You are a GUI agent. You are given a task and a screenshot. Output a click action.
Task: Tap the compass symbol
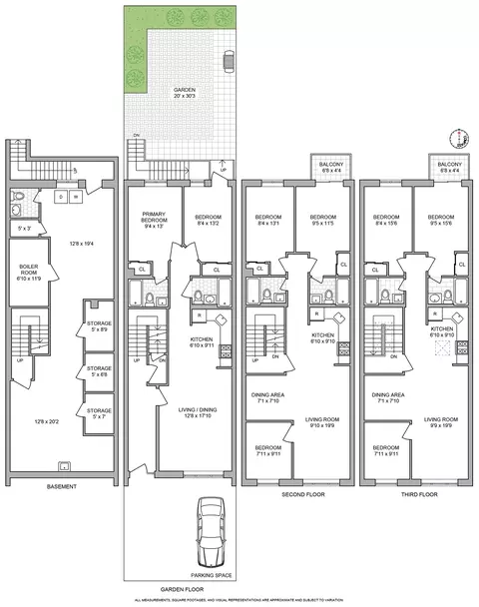click(460, 139)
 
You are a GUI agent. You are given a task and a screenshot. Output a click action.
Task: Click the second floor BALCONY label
click(331, 169)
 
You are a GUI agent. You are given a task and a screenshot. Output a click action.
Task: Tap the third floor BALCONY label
click(450, 169)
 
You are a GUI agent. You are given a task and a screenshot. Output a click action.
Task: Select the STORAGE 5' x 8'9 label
click(99, 326)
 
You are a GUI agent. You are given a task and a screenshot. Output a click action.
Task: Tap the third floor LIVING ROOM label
click(441, 421)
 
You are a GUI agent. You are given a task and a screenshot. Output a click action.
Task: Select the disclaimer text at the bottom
click(239, 600)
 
